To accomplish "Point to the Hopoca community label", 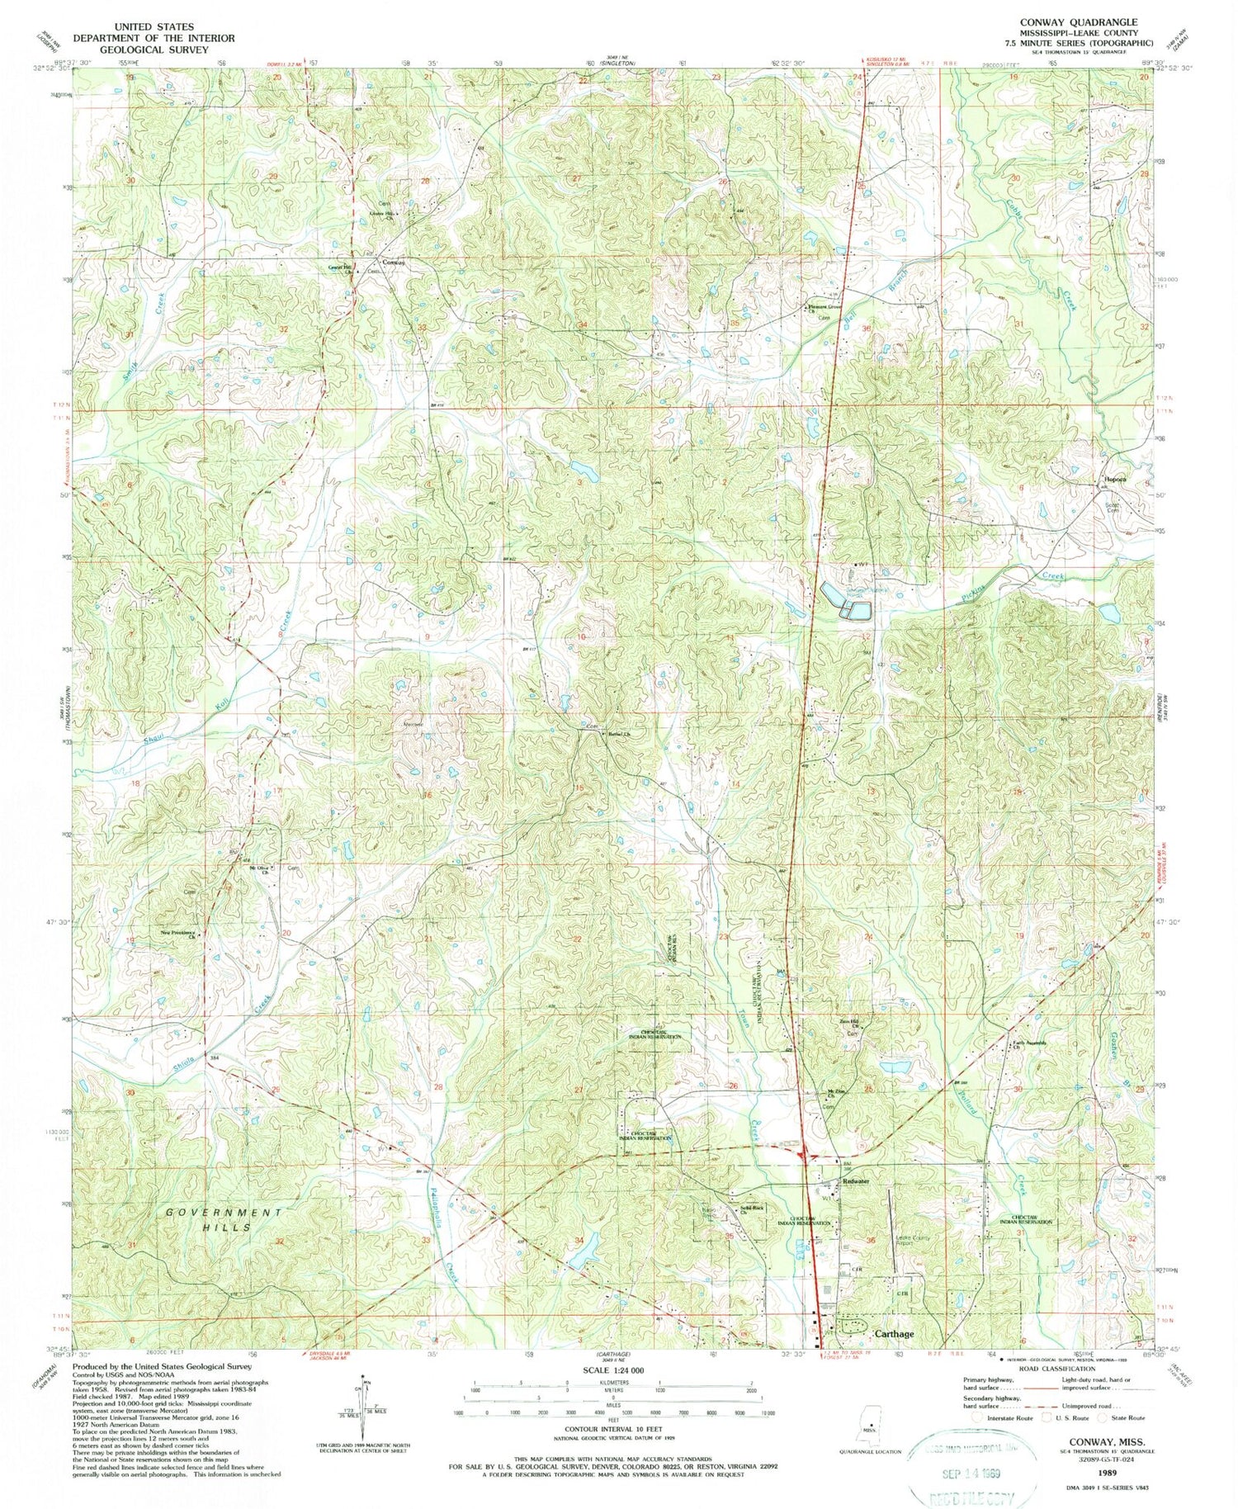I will (1116, 480).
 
